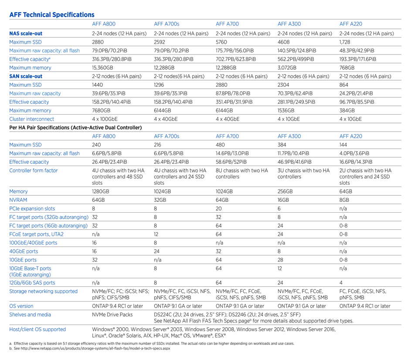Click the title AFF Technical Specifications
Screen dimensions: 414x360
click(x=52, y=15)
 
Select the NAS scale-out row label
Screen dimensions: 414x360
click(x=26, y=34)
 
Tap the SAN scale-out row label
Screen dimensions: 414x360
click(x=26, y=76)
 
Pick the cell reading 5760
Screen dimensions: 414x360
click(x=221, y=42)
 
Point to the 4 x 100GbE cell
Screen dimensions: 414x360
click(x=105, y=119)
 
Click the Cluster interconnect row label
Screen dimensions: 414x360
click(x=31, y=119)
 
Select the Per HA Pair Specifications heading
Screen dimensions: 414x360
click(x=75, y=128)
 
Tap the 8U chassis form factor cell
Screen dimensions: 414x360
click(x=242, y=173)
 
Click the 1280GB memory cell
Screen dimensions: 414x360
click(x=100, y=191)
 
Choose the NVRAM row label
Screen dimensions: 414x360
click(x=18, y=200)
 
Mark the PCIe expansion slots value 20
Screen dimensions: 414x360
click(x=219, y=209)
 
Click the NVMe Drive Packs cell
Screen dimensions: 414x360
click(x=112, y=315)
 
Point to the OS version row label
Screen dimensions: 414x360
click(x=21, y=306)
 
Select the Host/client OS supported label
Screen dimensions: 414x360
click(x=37, y=329)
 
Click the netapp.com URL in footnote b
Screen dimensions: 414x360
click(x=95, y=348)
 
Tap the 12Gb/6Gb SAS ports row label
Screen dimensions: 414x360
click(x=32, y=282)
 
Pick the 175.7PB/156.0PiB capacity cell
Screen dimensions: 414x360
click(x=235, y=51)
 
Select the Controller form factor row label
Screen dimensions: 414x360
click(x=33, y=170)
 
